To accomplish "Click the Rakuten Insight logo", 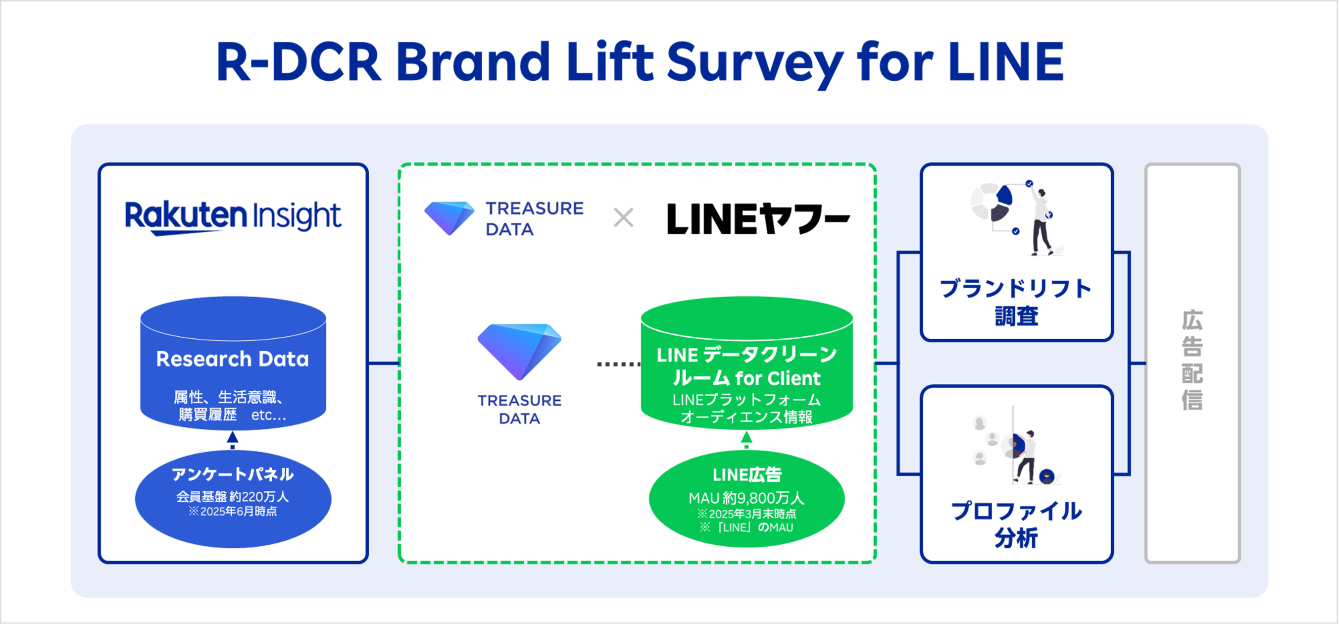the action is coord(233,217).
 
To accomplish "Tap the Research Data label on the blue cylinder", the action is coord(232,359).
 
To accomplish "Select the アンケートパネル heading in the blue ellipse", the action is coord(233,474).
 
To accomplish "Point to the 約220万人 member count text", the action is coord(259,497).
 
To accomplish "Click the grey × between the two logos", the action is coord(623,218).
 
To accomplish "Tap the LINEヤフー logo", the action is coord(758,218).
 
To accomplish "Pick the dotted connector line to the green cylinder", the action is coord(619,364).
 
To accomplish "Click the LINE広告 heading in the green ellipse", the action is coord(747,474).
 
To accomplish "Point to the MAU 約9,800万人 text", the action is coord(746,498).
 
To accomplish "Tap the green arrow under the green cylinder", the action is coord(746,439).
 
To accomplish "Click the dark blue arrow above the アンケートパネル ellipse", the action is coord(232,440).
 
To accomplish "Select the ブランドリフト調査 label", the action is coord(1016,302).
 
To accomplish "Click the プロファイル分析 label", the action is coord(1016,524).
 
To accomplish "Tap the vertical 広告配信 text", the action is coord(1192,360).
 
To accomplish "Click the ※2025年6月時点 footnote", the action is coord(232,512).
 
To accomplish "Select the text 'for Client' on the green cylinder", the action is coord(778,378).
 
